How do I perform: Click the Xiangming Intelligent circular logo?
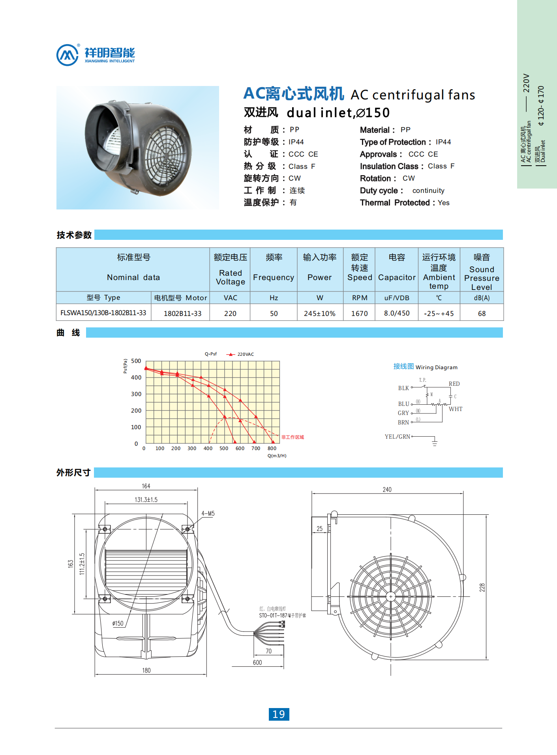[x=68, y=55]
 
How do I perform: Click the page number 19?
[x=279, y=714]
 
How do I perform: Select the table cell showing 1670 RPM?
[x=359, y=313]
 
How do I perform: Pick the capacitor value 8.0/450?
[x=397, y=313]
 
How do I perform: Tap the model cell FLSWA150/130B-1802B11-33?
[x=103, y=313]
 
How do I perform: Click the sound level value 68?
[x=482, y=313]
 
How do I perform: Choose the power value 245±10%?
[x=319, y=313]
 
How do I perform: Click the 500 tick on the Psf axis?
[x=136, y=361]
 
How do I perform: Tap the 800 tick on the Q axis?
[x=272, y=448]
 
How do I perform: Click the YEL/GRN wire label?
[x=398, y=437]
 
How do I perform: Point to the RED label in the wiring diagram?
[x=454, y=384]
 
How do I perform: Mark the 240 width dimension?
[x=387, y=490]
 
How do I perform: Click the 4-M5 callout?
[x=208, y=513]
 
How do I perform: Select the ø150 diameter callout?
[x=118, y=623]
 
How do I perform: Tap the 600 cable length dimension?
[x=257, y=662]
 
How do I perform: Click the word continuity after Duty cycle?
[x=428, y=191]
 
